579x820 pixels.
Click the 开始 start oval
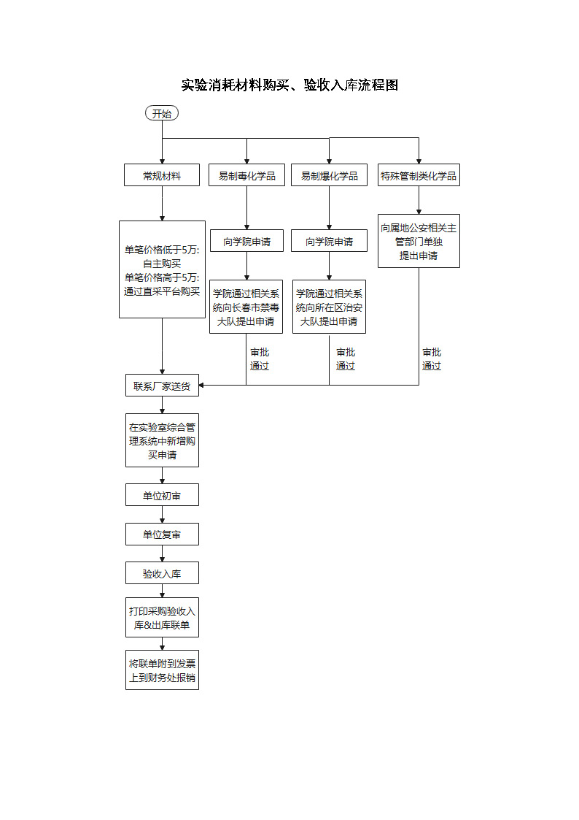[162, 113]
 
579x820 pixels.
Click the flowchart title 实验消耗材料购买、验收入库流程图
[289, 85]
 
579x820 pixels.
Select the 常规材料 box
[162, 175]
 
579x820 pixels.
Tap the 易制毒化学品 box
[246, 175]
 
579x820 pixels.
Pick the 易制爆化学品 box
[329, 175]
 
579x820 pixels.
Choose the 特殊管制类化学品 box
[419, 175]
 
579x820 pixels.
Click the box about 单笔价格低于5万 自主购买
[162, 269]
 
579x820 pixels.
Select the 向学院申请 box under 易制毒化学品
[246, 241]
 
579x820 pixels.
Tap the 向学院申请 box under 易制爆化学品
[329, 241]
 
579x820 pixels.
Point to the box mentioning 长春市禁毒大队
[246, 307]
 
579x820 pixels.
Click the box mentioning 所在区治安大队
[329, 307]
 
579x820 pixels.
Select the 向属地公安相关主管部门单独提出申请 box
[419, 241]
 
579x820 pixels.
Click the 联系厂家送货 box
[162, 386]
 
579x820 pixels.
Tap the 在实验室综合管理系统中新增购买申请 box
[162, 440]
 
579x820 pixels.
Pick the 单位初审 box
[162, 495]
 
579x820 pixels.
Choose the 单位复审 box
[162, 534]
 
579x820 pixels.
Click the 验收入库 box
[162, 573]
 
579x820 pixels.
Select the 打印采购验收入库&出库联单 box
[162, 618]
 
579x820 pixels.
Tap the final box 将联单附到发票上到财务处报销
[162, 670]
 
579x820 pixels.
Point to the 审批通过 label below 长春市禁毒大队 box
[260, 359]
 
